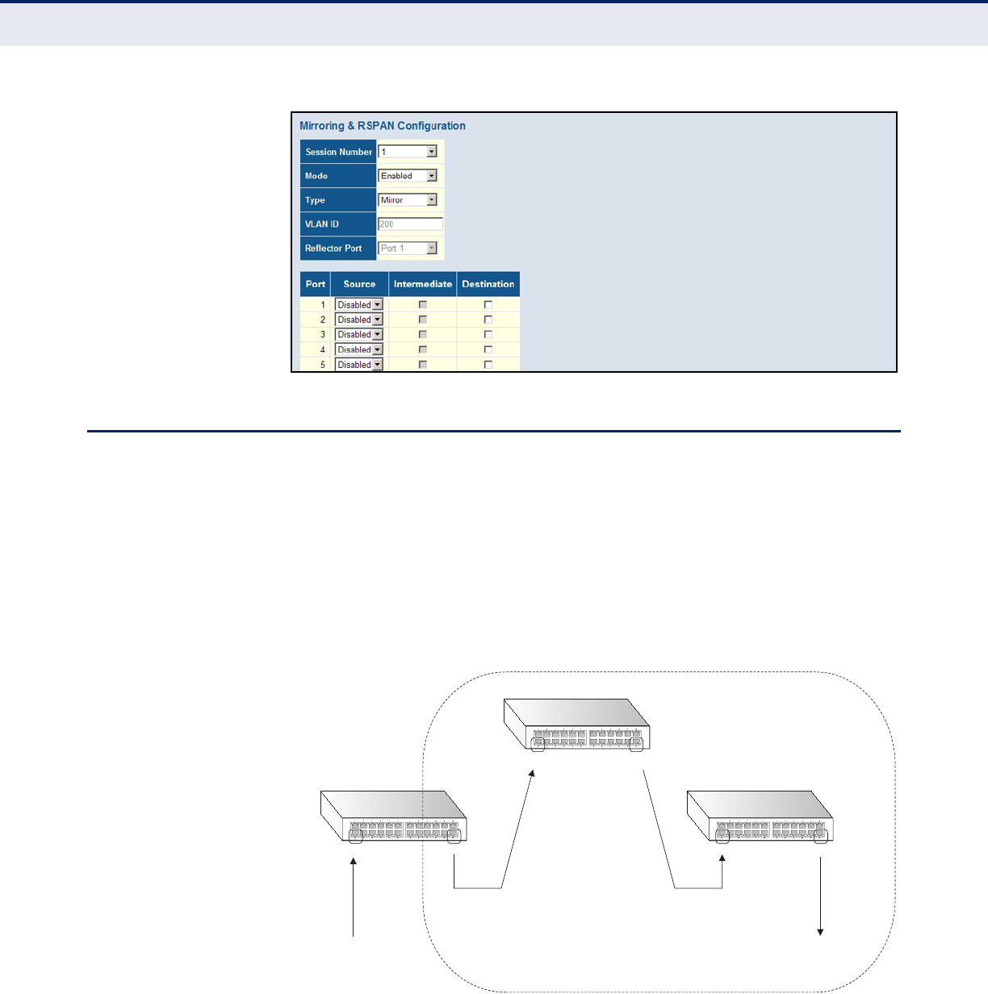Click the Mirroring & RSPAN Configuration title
[382, 126]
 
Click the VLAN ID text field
[410, 224]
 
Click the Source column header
[359, 284]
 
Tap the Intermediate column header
[423, 284]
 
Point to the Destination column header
[488, 284]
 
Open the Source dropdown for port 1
[359, 305]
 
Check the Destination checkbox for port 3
[488, 335]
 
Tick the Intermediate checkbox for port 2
[423, 319]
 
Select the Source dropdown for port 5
[359, 365]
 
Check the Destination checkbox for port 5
[488, 365]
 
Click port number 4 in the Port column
[323, 349]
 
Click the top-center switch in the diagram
[577, 725]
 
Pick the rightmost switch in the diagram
[760, 816]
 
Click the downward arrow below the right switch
[821, 896]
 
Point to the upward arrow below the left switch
[354, 896]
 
